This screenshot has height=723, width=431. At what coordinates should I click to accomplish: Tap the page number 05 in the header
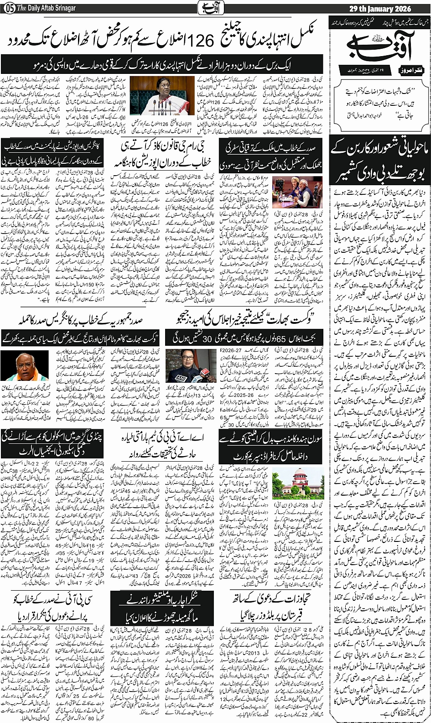[9, 8]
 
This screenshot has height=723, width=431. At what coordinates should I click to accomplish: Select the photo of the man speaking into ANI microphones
[184, 365]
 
